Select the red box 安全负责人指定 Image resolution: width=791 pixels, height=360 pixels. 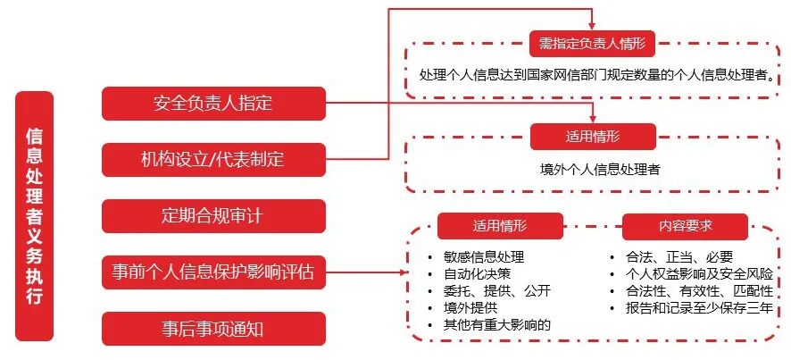click(x=213, y=104)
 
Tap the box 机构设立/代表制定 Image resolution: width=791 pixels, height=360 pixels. click(x=213, y=160)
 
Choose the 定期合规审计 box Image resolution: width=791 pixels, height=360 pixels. click(x=213, y=216)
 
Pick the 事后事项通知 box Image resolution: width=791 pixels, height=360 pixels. click(x=213, y=329)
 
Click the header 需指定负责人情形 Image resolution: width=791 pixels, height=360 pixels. click(x=592, y=42)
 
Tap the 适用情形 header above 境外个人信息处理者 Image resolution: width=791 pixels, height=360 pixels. click(x=593, y=137)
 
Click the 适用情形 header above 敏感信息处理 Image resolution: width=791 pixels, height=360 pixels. click(x=500, y=225)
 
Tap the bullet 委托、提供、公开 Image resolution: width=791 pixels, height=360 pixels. click(x=490, y=290)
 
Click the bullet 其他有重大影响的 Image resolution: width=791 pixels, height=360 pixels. click(x=496, y=324)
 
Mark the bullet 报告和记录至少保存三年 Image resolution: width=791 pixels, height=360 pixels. click(x=698, y=307)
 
